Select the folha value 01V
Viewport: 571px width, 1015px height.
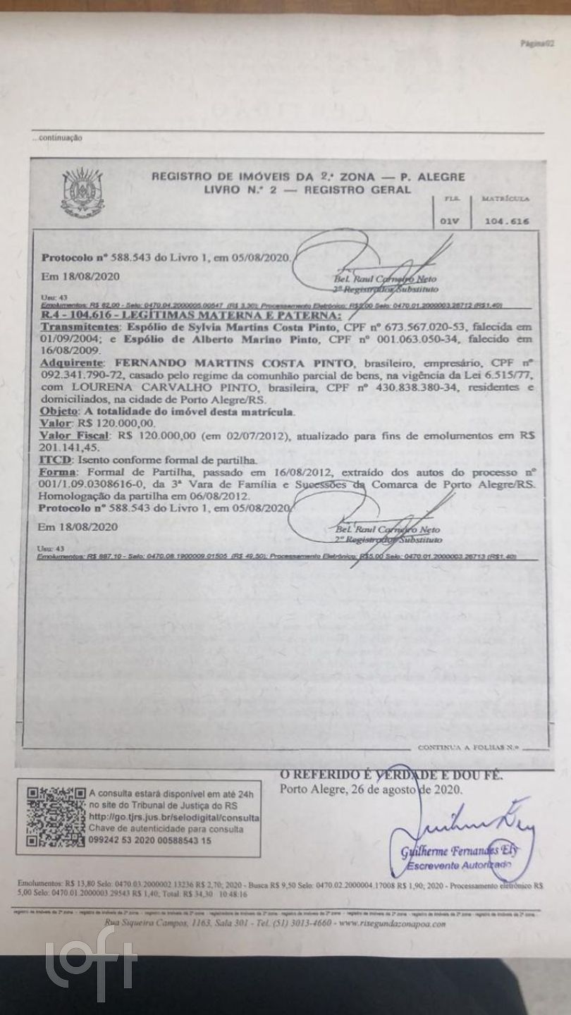[x=449, y=221]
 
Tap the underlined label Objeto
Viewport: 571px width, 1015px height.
[x=59, y=410]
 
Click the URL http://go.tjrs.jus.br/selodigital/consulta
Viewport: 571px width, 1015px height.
[x=174, y=816]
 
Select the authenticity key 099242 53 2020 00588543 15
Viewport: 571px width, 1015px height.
[x=150, y=841]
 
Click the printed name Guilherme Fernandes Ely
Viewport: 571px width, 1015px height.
[x=459, y=851]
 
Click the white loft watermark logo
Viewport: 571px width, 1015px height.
[x=92, y=964]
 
